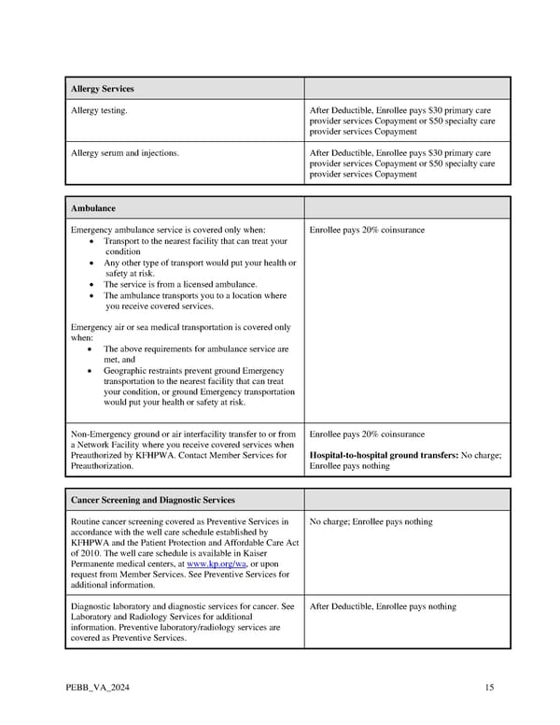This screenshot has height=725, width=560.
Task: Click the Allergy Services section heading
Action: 103,89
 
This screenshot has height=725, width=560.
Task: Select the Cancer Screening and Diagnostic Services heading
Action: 153,500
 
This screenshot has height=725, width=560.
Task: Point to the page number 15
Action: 489,689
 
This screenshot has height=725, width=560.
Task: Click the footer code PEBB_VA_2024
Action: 98,689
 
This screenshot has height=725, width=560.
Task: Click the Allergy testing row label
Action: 100,111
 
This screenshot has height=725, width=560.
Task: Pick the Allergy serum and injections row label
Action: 125,152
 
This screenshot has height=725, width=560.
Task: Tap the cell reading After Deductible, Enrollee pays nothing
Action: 383,606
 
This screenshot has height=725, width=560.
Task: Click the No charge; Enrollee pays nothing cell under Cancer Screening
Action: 371,521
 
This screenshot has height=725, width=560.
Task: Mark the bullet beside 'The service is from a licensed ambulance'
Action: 90,285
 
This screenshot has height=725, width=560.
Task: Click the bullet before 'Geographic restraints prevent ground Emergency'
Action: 90,371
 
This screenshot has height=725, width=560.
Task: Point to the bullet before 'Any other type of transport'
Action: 90,263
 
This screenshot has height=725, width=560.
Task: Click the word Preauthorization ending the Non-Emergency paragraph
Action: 102,465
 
